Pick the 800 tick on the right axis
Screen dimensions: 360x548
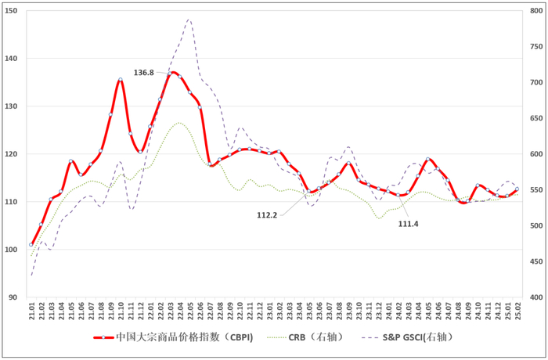[x=536, y=11]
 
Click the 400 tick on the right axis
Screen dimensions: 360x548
[x=536, y=297]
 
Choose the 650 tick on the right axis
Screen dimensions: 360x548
[x=536, y=118]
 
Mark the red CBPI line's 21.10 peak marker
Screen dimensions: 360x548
[x=121, y=80]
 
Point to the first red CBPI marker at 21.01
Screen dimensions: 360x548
[x=32, y=245]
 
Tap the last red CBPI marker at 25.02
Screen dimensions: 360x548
[x=517, y=189]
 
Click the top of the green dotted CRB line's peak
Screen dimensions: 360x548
[x=179, y=123]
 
